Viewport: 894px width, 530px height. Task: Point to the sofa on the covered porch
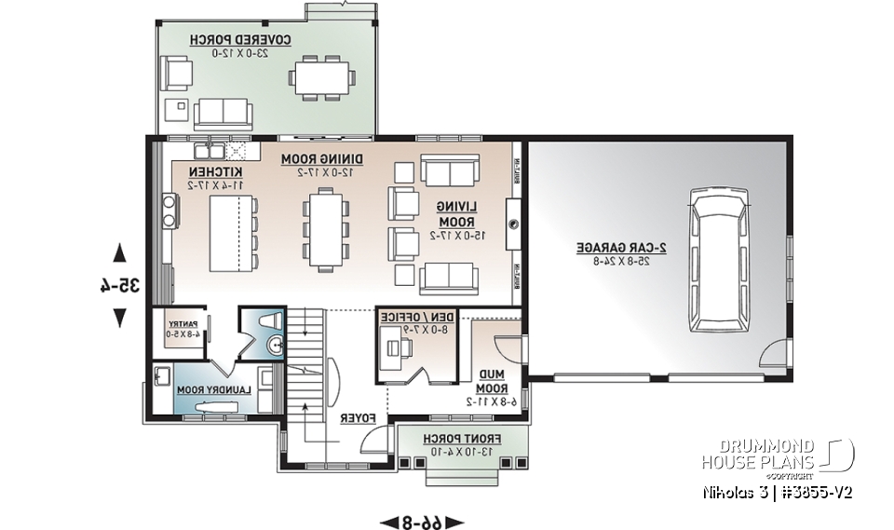click(223, 113)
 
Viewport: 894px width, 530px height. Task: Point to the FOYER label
click(358, 419)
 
